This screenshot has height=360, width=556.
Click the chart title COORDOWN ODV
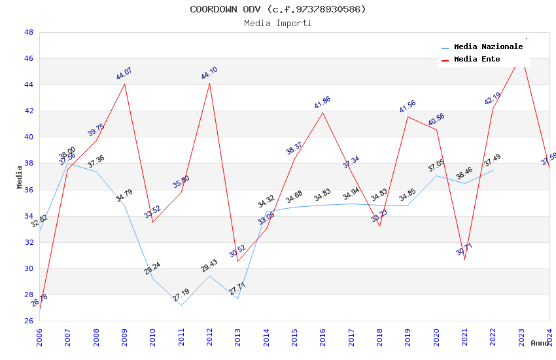(x=277, y=9)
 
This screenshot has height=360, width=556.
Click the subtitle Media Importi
(x=277, y=23)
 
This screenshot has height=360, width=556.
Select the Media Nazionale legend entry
(x=488, y=47)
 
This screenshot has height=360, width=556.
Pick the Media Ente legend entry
(x=477, y=60)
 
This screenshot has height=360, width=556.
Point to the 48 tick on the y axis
(x=28, y=32)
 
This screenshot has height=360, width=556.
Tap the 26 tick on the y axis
(x=28, y=321)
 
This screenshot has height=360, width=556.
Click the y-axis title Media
(x=20, y=177)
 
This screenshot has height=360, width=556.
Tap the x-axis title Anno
(x=540, y=343)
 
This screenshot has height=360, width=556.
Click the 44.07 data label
(x=124, y=73)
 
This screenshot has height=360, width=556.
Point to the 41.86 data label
(x=322, y=103)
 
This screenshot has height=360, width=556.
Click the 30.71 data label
(x=464, y=249)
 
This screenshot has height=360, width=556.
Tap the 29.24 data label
(x=152, y=268)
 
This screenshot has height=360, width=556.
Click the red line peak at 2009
(x=124, y=84)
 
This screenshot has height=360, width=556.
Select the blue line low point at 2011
(x=181, y=305)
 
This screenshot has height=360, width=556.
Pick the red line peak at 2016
(x=322, y=113)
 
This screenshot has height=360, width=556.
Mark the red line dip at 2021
(x=464, y=259)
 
